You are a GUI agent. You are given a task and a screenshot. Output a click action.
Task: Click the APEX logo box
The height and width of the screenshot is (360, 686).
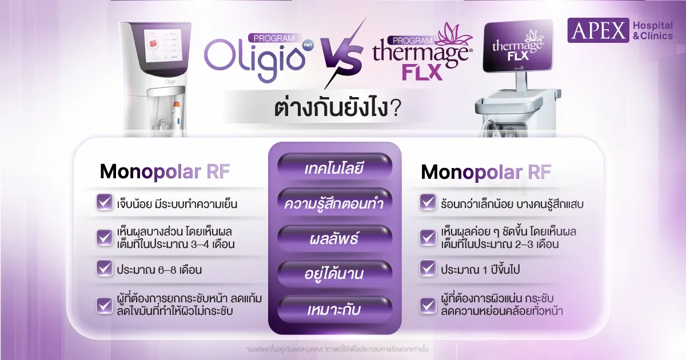click(598, 30)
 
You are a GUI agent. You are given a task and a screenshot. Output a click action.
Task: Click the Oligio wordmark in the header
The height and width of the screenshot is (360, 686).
click(255, 59)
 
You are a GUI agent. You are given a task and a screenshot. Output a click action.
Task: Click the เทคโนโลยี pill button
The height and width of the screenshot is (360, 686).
click(335, 167)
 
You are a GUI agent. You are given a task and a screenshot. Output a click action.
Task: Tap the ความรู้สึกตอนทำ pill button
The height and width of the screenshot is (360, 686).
click(335, 203)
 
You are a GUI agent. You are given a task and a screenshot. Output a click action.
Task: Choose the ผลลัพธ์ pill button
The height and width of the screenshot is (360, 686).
click(335, 238)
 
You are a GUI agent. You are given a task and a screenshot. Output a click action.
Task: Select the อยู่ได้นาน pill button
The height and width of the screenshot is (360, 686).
click(335, 273)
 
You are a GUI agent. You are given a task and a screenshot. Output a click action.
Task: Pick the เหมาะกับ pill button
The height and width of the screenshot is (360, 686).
click(335, 309)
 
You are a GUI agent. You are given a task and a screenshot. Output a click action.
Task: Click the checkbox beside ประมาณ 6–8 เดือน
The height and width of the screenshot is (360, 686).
click(105, 269)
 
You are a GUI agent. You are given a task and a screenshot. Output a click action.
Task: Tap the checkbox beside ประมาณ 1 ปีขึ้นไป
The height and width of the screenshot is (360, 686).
click(428, 269)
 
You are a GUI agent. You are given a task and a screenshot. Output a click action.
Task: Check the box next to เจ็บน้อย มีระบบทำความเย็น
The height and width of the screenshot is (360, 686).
click(105, 202)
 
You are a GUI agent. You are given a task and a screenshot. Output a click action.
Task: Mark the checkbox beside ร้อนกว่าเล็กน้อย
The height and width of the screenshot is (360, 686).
click(428, 202)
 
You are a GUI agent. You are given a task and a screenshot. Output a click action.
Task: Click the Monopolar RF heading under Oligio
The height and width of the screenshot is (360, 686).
click(165, 172)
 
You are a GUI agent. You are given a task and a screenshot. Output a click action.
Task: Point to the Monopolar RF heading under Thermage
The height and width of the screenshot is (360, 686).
click(486, 172)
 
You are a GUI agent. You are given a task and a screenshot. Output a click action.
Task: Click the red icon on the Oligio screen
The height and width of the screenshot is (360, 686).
click(153, 45)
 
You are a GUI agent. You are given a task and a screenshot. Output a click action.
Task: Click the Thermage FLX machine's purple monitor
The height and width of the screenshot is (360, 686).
click(518, 46)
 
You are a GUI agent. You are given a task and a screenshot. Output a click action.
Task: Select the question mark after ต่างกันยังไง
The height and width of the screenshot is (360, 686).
click(395, 108)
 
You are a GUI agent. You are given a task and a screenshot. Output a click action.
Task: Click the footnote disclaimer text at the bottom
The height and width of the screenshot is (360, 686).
click(337, 349)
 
